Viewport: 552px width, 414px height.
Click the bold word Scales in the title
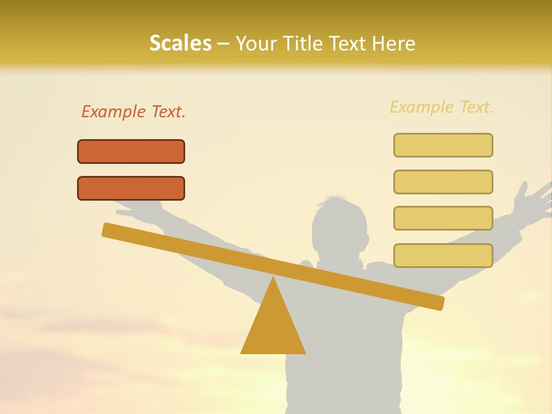point(180,44)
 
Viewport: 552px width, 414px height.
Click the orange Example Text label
point(133,112)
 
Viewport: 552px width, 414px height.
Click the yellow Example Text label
point(442,107)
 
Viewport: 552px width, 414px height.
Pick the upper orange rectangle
point(131,151)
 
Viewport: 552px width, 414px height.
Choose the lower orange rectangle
point(131,188)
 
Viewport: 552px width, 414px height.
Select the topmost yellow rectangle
point(443,145)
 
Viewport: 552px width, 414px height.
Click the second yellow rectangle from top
point(443,182)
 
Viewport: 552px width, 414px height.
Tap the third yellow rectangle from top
point(443,218)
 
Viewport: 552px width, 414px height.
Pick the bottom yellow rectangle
point(443,255)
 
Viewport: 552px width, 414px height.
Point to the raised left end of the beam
point(109,229)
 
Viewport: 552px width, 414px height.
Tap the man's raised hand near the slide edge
point(532,198)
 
